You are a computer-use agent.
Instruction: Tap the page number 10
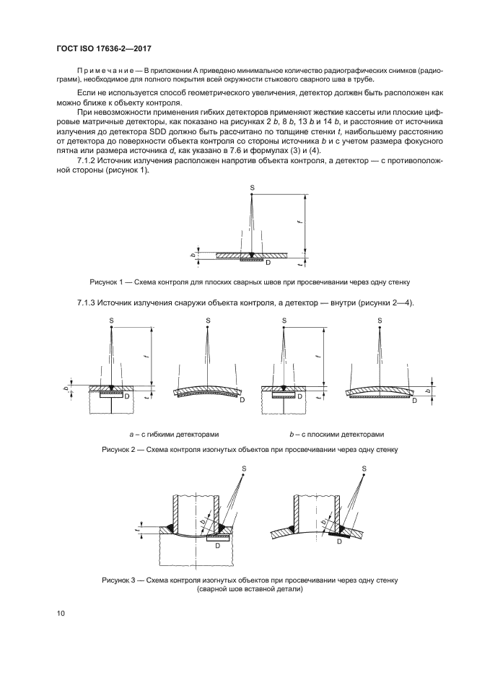point(61,614)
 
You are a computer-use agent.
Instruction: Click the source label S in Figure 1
point(252,187)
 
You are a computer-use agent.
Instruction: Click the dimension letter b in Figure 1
point(193,255)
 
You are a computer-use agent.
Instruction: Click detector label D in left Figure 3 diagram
point(216,545)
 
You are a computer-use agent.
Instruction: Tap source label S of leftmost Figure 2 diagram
point(112,319)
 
